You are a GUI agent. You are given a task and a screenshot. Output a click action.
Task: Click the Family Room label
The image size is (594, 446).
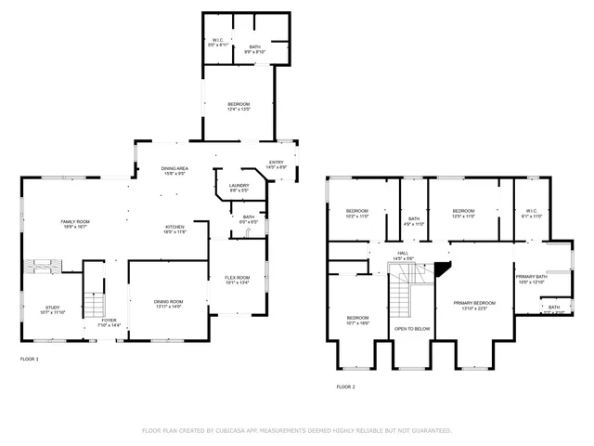tap(73, 223)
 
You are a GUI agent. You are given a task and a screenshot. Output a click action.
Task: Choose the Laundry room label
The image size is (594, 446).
tap(239, 189)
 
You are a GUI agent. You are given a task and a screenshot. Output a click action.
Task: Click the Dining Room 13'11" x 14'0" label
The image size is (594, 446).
tap(168, 304)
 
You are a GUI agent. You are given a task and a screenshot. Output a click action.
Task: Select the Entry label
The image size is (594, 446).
tap(276, 164)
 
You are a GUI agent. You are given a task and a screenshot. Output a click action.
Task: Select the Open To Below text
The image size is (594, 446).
tap(411, 329)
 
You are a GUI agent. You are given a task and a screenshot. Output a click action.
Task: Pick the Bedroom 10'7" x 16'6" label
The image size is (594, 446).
tap(357, 320)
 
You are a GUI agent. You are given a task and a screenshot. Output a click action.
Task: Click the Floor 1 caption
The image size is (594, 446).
tap(30, 358)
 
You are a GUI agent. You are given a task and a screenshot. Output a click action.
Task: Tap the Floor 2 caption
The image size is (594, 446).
tap(345, 387)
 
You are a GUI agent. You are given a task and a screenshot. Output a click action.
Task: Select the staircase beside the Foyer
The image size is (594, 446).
tap(92, 303)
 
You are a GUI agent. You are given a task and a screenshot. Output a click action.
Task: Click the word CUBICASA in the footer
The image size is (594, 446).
tap(237, 431)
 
